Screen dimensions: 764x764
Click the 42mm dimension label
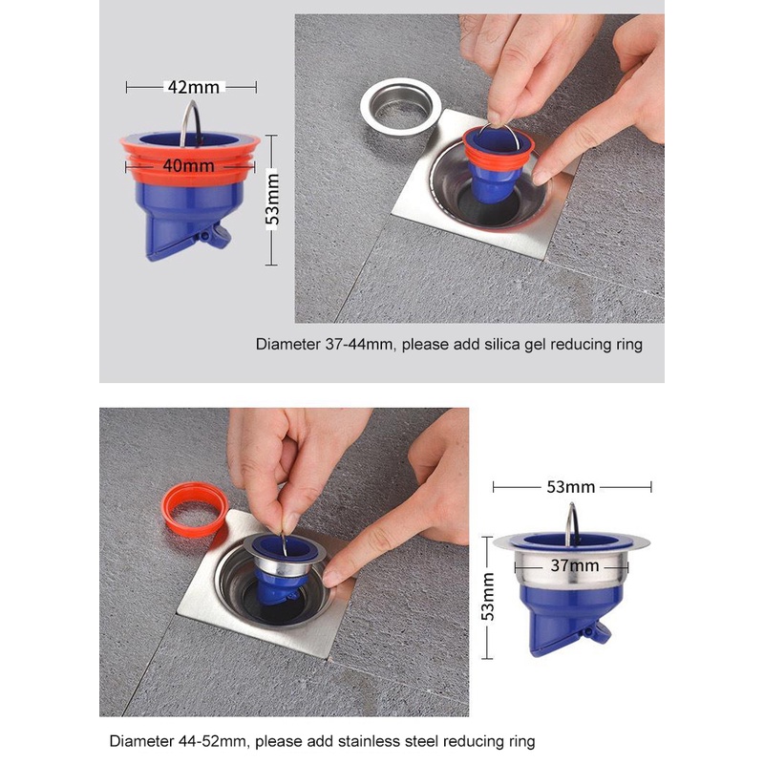pyautogui.click(x=194, y=87)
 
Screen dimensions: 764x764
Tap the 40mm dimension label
pyautogui.click(x=188, y=165)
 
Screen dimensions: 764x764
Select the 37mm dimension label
pyautogui.click(x=575, y=565)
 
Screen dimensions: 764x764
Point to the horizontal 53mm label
pyautogui.click(x=570, y=487)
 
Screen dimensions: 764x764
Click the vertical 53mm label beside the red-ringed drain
pyautogui.click(x=272, y=200)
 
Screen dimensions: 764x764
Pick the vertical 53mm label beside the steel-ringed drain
pyautogui.click(x=488, y=596)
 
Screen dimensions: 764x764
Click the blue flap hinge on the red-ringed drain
pyautogui.click(x=205, y=237)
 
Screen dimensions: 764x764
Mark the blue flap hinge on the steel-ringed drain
pyautogui.click(x=589, y=632)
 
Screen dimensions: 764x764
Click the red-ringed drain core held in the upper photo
pyautogui.click(x=496, y=160)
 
